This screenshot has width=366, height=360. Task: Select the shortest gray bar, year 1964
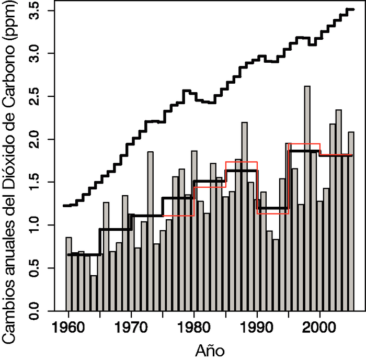pyautogui.click(x=94, y=293)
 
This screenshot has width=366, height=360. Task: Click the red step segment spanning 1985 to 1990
pyautogui.click(x=241, y=162)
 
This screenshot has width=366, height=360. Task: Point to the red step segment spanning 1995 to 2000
pyautogui.click(x=304, y=144)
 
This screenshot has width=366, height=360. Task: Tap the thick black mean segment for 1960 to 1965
pyautogui.click(x=84, y=254)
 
